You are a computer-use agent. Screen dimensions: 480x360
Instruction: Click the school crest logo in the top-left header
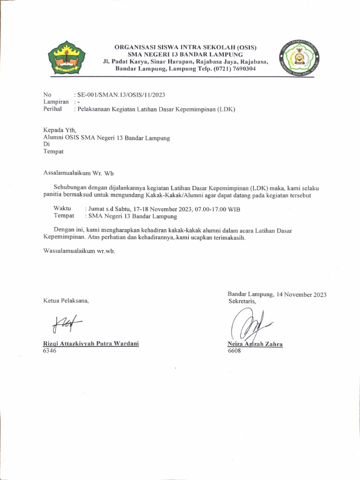(x=68, y=58)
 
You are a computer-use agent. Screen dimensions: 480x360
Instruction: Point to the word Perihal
(x=53, y=109)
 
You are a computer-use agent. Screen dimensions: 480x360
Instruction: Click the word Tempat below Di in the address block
(x=53, y=151)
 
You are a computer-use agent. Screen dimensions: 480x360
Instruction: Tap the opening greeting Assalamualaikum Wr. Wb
(x=79, y=172)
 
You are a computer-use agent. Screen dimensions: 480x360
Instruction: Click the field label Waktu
(x=62, y=209)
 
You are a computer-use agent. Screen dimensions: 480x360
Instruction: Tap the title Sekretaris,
(x=242, y=301)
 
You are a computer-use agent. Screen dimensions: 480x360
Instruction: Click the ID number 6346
(x=50, y=350)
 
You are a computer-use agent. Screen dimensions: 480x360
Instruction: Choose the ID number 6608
(x=234, y=350)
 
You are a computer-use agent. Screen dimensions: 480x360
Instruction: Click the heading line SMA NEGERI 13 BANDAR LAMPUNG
(x=186, y=54)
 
